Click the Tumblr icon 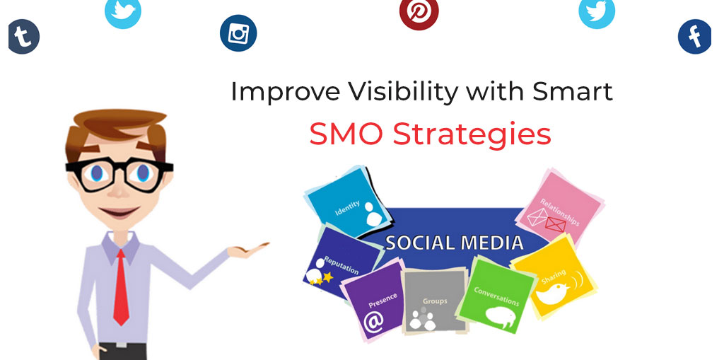click(23, 37)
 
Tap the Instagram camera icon click(238, 33)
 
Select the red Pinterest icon click(419, 12)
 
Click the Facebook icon click(694, 37)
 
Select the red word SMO click(347, 134)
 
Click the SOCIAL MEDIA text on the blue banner click(455, 243)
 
